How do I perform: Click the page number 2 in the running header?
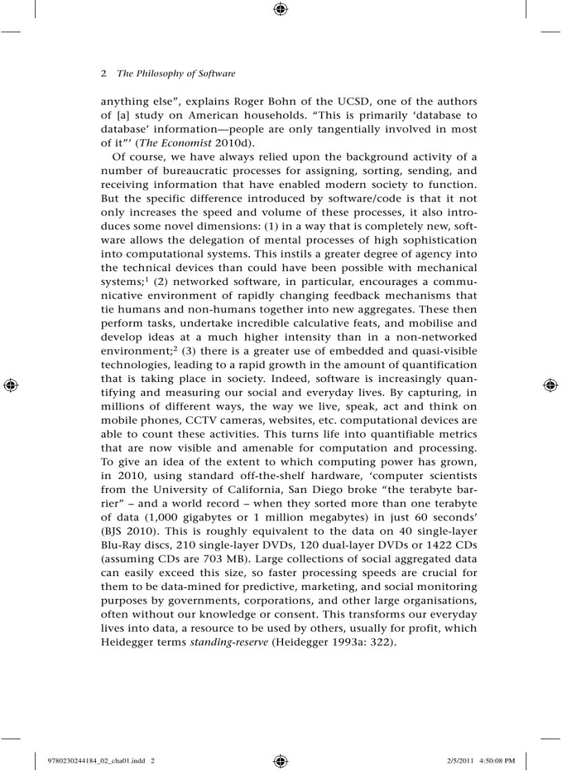(x=103, y=74)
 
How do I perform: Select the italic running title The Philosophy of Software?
(x=176, y=74)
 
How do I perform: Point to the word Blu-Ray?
(x=121, y=544)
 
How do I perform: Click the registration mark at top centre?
(x=280, y=9)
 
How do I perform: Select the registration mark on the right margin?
(x=550, y=385)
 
